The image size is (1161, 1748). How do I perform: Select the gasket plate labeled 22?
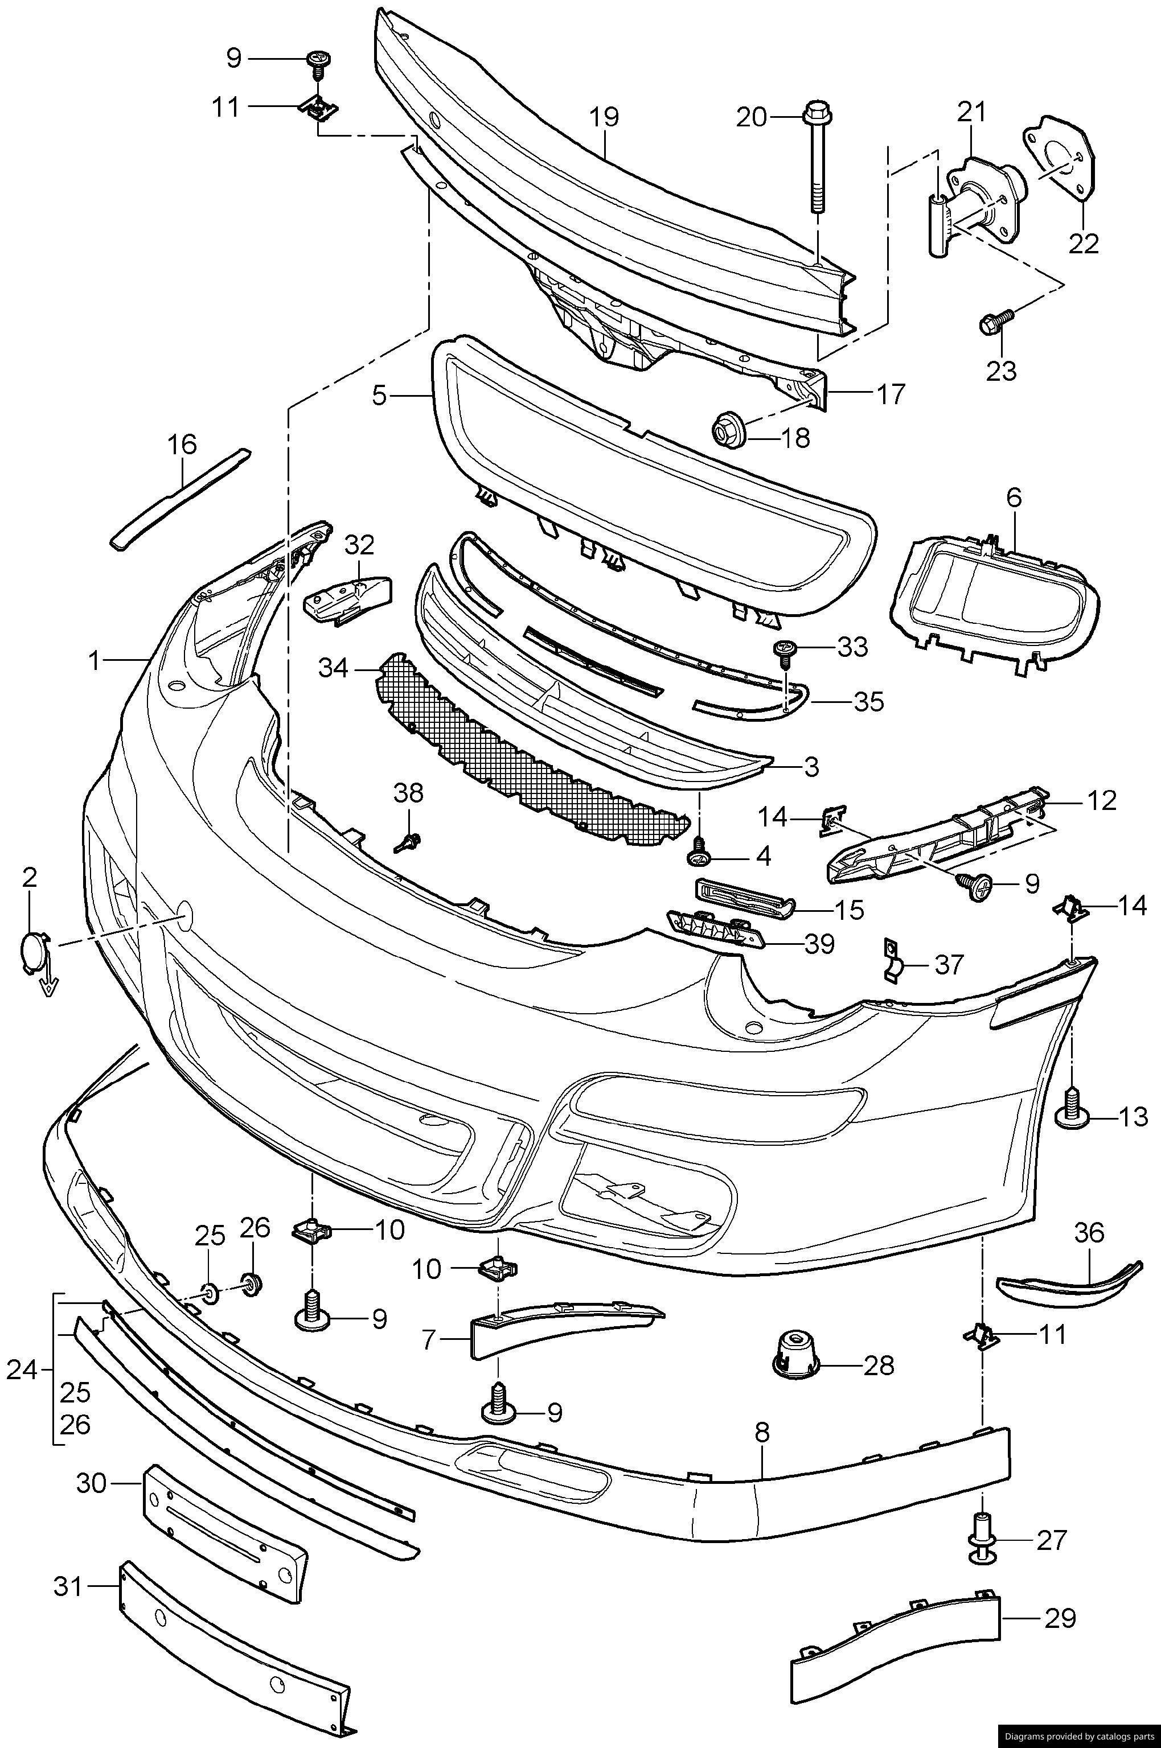(1060, 159)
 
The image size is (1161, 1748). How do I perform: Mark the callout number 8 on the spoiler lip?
(762, 1433)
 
